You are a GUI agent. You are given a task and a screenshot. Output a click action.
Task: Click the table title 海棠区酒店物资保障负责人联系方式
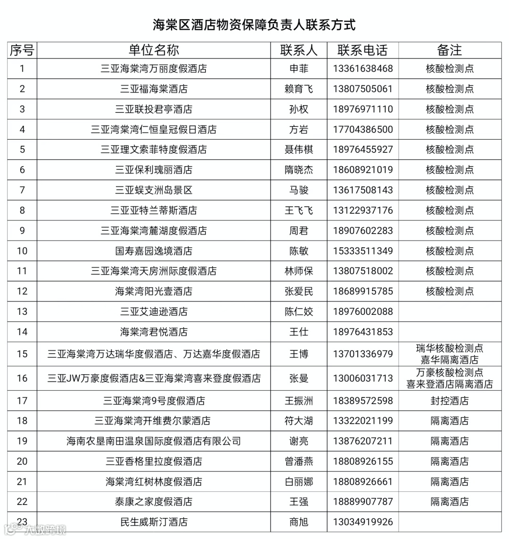click(x=254, y=25)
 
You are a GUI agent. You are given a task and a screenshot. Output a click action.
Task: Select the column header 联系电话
click(x=362, y=50)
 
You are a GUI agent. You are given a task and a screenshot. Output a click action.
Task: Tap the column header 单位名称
click(x=154, y=50)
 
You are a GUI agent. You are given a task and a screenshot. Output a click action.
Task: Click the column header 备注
click(x=450, y=50)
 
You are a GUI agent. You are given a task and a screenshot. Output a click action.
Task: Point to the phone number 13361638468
click(x=362, y=68)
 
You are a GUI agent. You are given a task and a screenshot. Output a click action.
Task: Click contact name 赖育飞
click(x=299, y=89)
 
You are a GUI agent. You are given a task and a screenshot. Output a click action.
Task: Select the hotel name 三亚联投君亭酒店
click(x=154, y=109)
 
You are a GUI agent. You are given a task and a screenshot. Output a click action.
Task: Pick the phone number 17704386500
click(x=362, y=129)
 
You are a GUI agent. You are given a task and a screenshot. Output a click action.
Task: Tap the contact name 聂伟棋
click(x=299, y=150)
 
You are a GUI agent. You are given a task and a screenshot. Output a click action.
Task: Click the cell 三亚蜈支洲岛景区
click(x=154, y=190)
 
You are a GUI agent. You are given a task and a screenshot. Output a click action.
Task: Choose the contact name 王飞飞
click(x=299, y=211)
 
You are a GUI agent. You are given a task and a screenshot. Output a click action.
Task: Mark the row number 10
click(x=22, y=251)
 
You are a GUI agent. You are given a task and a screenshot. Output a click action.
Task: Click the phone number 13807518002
click(x=362, y=271)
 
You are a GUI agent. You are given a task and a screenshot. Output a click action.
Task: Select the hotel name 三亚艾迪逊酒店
click(x=154, y=312)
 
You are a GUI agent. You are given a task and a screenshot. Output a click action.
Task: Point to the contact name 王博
click(x=299, y=354)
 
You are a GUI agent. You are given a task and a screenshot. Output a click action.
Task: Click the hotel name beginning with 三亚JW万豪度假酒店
click(x=154, y=378)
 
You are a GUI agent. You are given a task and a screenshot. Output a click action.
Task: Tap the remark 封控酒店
click(x=450, y=401)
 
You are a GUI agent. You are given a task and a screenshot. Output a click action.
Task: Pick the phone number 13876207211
click(x=362, y=441)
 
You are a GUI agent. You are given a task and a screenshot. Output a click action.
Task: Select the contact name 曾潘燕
click(x=299, y=461)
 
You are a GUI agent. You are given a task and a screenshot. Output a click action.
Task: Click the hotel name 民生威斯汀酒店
click(x=154, y=522)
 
